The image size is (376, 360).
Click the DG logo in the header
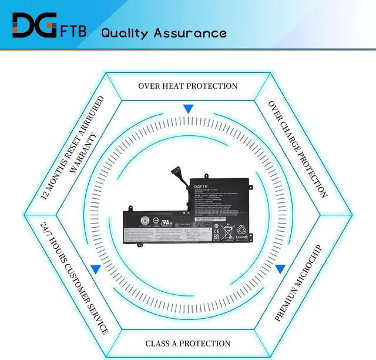click(35, 25)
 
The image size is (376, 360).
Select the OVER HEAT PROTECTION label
click(188, 86)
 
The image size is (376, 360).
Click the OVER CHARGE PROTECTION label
click(298, 149)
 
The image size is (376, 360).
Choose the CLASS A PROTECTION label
click(188, 343)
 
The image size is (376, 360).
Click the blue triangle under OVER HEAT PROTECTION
click(188, 109)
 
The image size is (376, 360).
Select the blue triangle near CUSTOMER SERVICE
click(95, 269)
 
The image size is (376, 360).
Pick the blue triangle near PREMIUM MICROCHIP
click(280, 269)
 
